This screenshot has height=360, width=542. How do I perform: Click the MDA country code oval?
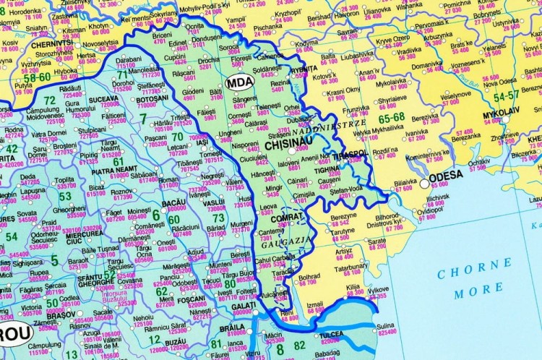[239, 82]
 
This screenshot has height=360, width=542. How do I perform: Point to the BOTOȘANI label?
[155, 98]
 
